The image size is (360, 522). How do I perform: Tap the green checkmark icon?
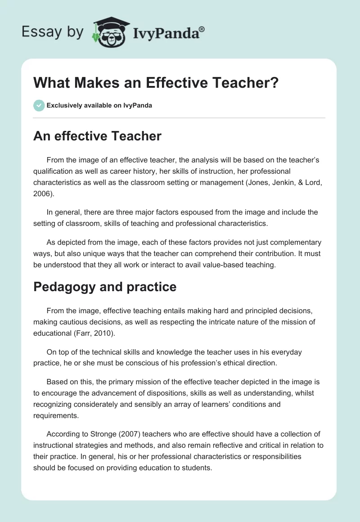click(39, 105)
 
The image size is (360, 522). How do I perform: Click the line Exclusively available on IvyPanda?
click(99, 106)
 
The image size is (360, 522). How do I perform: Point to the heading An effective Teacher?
click(97, 136)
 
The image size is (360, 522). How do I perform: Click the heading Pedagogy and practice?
click(105, 287)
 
